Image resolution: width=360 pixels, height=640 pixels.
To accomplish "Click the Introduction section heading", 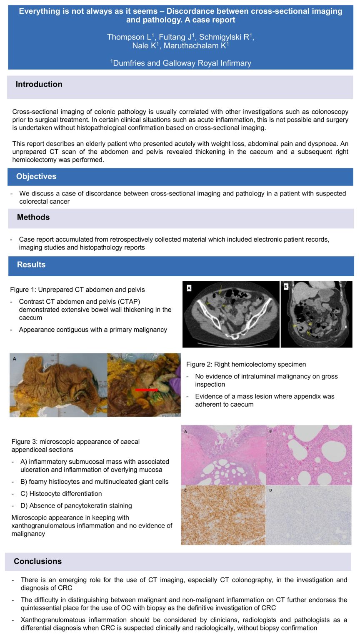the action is coord(39,84).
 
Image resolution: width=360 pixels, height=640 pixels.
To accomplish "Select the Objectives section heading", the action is coord(36,176).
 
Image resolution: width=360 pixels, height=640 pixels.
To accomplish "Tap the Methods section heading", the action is coord(33,217).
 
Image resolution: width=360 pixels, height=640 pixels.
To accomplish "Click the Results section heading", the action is coord(31,265).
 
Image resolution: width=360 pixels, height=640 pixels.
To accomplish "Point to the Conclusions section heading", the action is coord(37,561).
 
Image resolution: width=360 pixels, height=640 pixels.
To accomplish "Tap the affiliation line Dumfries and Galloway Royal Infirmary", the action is coord(181,63).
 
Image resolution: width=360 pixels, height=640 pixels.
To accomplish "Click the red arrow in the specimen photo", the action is coord(146,390).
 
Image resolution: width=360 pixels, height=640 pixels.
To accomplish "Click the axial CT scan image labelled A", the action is coord(231,314).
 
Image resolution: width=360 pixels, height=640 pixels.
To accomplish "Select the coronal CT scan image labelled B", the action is coord(317,314).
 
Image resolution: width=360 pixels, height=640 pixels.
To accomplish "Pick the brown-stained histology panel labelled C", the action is coord(223,515).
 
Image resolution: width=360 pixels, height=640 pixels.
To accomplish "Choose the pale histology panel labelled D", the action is coord(309,515).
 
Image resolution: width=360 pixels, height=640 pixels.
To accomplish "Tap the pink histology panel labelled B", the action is coord(309,455).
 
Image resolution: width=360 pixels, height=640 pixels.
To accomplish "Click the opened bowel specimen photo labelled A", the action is coord(58,385).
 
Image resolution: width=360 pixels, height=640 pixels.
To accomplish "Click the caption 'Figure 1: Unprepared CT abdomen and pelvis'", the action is coord(77,290).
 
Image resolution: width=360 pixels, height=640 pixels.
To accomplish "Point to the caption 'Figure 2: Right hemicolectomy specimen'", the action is coord(246,364).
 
